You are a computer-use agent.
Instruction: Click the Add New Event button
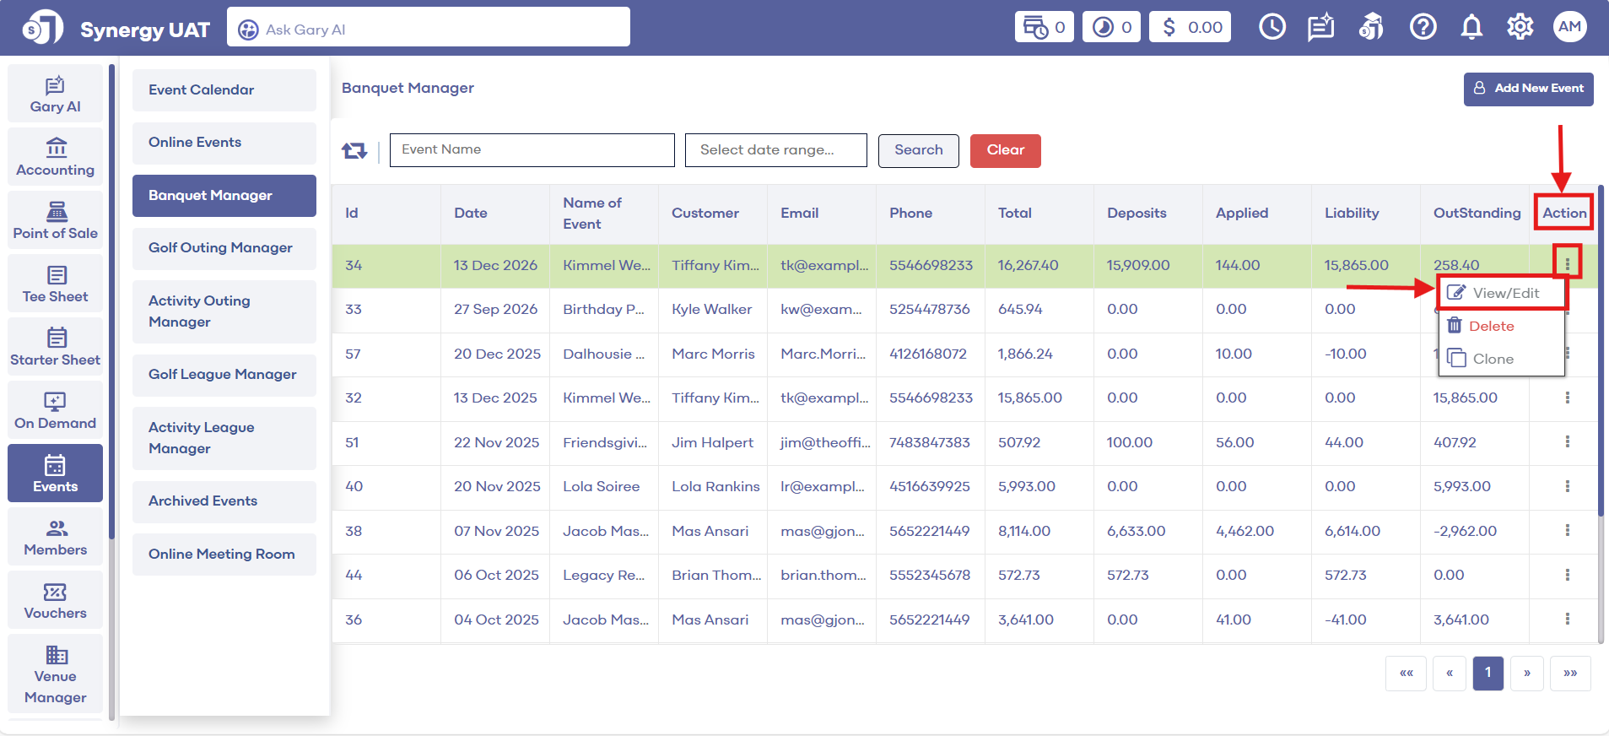click(x=1528, y=89)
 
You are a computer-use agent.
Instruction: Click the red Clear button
click(x=1005, y=150)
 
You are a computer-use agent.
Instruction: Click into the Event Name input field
click(x=532, y=150)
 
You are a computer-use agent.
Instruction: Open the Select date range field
click(x=775, y=150)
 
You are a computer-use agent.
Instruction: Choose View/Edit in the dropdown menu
click(x=1501, y=293)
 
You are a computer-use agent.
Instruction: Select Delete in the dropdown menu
click(x=1491, y=326)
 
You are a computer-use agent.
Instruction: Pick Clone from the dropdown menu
click(x=1492, y=359)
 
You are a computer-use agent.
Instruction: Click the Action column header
click(x=1564, y=213)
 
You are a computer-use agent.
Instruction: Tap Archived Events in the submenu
click(x=203, y=501)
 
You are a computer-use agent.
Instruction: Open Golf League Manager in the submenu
click(x=223, y=375)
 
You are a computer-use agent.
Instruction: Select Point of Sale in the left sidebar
click(x=56, y=220)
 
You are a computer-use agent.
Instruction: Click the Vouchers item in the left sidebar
click(x=56, y=600)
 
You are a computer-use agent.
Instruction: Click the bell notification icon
click(x=1471, y=28)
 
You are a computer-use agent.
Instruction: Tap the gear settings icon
click(x=1520, y=28)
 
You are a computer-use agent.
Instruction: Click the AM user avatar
click(x=1569, y=27)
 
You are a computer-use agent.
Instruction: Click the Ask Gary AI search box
click(x=429, y=30)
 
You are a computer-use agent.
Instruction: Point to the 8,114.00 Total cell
click(x=1024, y=531)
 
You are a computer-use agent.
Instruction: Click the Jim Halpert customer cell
click(x=712, y=442)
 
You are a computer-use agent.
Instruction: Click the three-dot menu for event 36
click(x=1567, y=619)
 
